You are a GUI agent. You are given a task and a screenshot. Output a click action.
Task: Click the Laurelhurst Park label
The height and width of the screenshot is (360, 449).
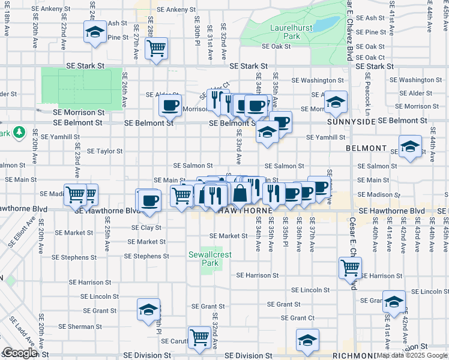pyautogui.click(x=284, y=32)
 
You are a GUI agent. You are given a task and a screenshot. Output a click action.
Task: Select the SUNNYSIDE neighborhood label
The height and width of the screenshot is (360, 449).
pyautogui.click(x=351, y=121)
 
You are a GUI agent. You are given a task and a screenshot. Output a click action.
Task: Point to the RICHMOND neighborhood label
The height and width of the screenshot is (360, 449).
pyautogui.click(x=354, y=355)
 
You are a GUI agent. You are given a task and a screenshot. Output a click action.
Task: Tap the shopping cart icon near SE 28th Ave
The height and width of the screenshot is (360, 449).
pyautogui.click(x=156, y=47)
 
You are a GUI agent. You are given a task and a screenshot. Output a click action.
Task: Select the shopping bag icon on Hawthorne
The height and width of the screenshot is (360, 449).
pyautogui.click(x=240, y=193)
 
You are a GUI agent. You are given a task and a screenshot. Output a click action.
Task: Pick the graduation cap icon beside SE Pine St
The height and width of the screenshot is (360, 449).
pyautogui.click(x=94, y=32)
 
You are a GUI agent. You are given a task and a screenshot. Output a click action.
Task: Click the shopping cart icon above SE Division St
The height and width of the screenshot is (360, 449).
pyautogui.click(x=199, y=336)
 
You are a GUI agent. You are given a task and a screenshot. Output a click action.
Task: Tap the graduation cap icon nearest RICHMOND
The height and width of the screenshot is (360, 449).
pyautogui.click(x=307, y=340)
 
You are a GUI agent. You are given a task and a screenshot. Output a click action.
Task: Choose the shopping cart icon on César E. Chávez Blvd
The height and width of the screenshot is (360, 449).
pyautogui.click(x=349, y=267)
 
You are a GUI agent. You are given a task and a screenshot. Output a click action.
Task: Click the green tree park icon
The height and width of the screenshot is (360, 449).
pyautogui.click(x=19, y=131)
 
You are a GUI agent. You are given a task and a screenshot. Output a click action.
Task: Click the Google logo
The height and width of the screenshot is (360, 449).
pyautogui.click(x=19, y=353)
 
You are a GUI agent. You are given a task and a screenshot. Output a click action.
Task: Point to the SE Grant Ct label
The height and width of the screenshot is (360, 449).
pyautogui.click(x=295, y=318)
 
